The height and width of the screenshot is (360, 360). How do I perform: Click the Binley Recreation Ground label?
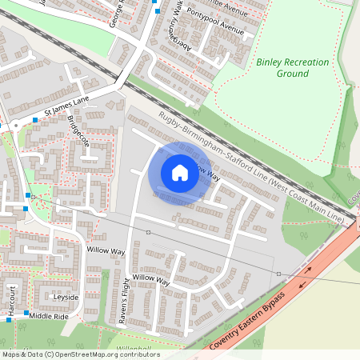[282, 67]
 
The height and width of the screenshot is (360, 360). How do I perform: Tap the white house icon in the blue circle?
[180, 172]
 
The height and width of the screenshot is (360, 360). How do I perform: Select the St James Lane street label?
[69, 103]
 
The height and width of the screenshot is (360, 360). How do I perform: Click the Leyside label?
[66, 297]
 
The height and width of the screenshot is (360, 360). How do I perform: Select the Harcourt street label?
[13, 297]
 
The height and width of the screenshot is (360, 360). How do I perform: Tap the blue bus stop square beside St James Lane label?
[35, 120]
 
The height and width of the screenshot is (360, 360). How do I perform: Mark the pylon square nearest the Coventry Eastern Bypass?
[278, 274]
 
